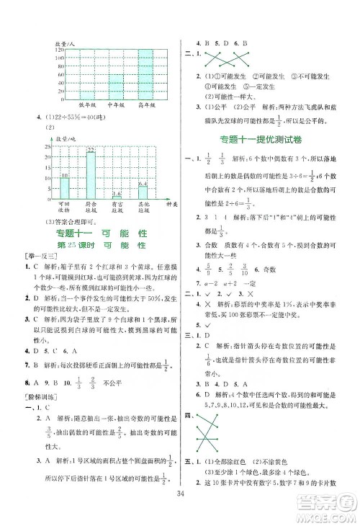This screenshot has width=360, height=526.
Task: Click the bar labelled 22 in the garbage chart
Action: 91,177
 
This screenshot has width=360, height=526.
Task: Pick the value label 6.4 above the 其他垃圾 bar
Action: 143,184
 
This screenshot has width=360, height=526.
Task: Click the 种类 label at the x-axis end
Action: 172,205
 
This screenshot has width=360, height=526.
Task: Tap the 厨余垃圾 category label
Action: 91,210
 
